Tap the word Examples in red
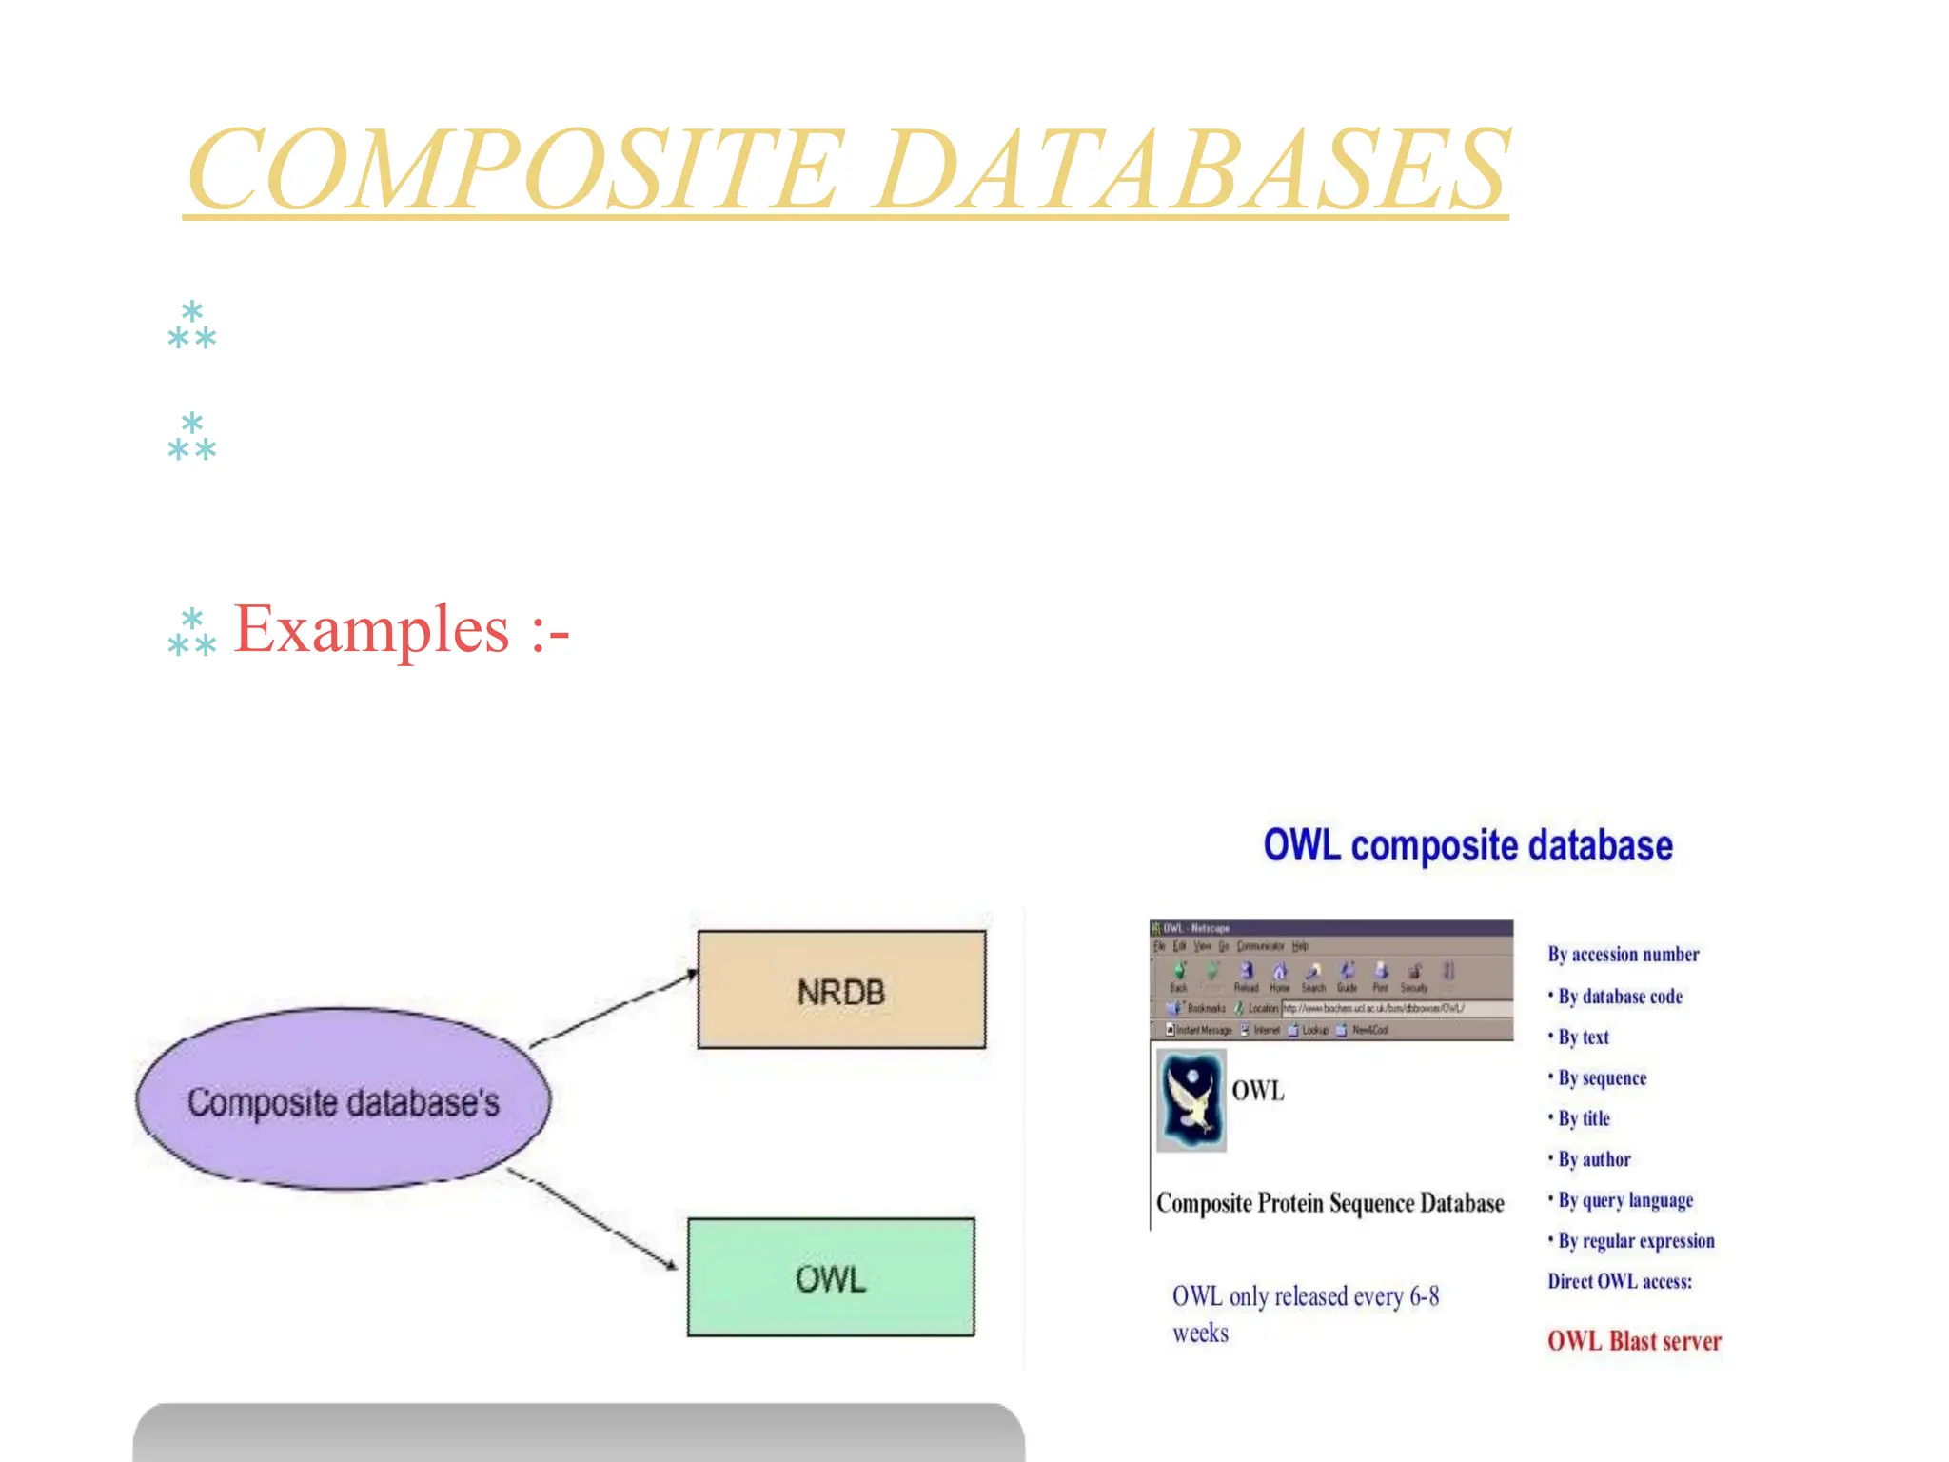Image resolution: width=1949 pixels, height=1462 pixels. (372, 629)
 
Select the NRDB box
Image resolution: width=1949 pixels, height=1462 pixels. (841, 990)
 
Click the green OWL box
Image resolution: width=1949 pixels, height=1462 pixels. (831, 1277)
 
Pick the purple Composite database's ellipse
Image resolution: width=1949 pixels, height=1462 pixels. (343, 1100)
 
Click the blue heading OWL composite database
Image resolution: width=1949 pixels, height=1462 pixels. (1467, 845)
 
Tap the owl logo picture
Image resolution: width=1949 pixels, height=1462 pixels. (1191, 1100)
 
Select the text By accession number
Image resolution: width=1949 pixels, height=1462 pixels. (1623, 954)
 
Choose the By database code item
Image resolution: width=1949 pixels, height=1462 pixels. (1620, 997)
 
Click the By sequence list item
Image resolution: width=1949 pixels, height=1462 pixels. (1602, 1077)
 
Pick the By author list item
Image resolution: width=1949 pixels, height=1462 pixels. (1594, 1159)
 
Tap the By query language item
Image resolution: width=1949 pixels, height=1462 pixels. (1625, 1200)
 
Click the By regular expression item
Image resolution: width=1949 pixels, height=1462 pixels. (1636, 1241)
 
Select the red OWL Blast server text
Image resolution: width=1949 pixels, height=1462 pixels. (1634, 1341)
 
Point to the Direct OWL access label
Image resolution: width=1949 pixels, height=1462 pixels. (1620, 1281)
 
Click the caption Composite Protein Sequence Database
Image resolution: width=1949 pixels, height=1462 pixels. (1329, 1203)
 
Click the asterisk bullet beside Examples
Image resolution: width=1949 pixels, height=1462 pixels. (192, 632)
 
